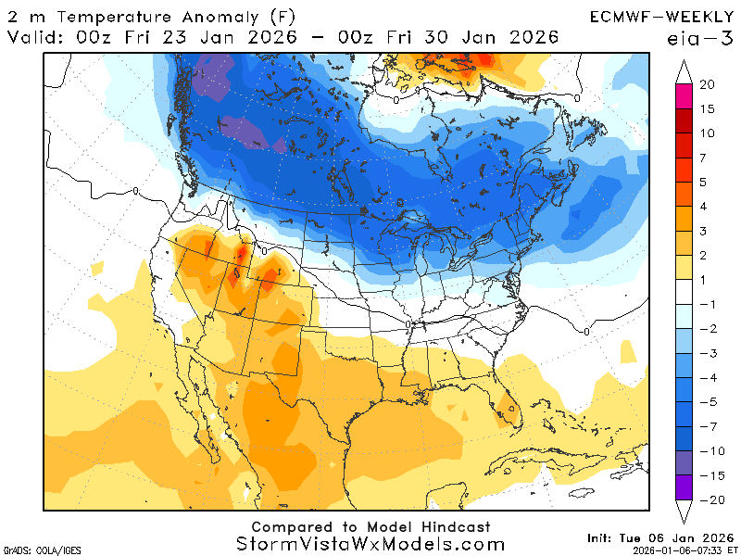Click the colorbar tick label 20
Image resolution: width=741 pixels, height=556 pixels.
tap(708, 84)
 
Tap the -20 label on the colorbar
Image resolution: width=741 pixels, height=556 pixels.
tap(709, 499)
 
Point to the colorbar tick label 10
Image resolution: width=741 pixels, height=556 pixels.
tap(708, 133)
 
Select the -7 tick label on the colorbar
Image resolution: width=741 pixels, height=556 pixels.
tap(706, 427)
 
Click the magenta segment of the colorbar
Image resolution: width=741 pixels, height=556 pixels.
tap(686, 96)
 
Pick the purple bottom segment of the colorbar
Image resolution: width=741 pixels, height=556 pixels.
tap(686, 487)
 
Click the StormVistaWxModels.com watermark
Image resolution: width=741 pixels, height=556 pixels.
tap(370, 545)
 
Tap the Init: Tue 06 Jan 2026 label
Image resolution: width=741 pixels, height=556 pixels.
tap(659, 537)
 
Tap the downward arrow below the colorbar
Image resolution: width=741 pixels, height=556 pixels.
tap(686, 512)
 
